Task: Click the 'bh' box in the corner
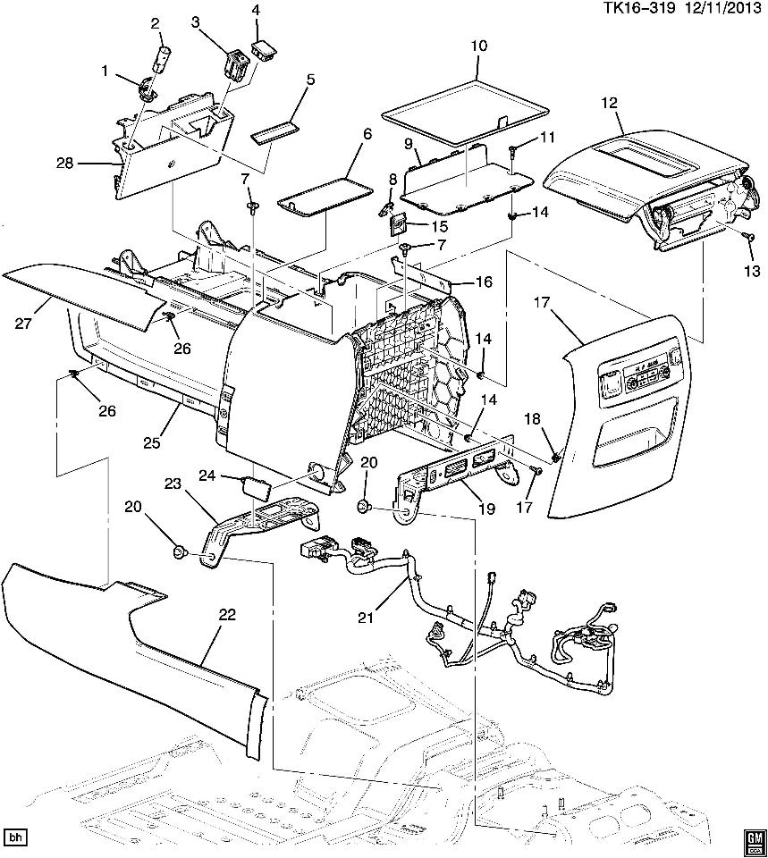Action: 14,838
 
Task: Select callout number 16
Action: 483,282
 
